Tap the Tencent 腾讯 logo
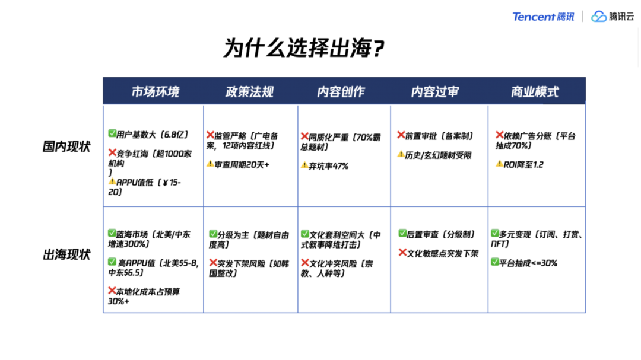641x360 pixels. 543,17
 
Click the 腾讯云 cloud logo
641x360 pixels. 612,17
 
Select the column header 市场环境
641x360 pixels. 155,92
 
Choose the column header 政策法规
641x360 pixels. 249,92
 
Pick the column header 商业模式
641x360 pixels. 535,92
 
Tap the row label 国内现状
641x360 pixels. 66,147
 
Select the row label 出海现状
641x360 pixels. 66,255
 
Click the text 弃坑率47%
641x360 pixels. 328,166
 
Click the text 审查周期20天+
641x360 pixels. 242,164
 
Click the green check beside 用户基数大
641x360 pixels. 112,134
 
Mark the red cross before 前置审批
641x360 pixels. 401,136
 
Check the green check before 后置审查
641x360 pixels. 402,234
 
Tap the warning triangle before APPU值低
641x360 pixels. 112,182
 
